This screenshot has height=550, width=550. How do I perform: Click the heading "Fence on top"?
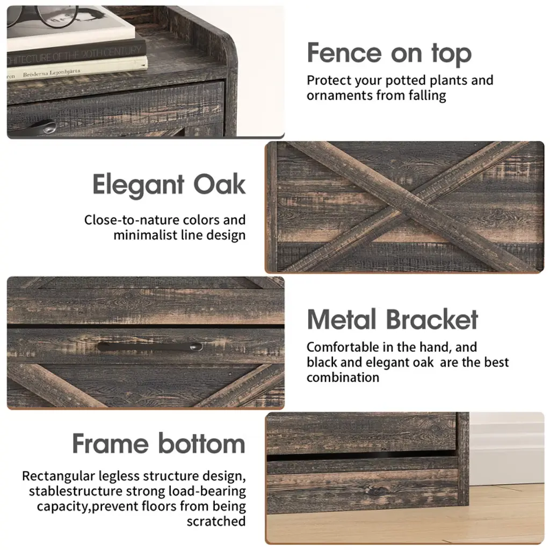click(x=389, y=53)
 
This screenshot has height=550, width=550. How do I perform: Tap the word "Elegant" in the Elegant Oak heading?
click(x=138, y=185)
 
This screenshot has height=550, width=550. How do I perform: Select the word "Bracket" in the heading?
click(x=432, y=320)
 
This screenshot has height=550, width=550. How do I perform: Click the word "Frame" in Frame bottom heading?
click(x=111, y=443)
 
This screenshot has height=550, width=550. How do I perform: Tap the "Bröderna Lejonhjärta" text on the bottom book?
click(x=51, y=73)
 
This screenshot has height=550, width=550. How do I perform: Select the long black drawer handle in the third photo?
click(x=150, y=346)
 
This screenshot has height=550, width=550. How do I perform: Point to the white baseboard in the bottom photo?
click(x=506, y=449)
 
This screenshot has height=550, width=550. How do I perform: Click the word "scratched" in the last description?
click(x=216, y=522)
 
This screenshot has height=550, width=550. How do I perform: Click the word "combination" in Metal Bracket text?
click(x=343, y=378)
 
